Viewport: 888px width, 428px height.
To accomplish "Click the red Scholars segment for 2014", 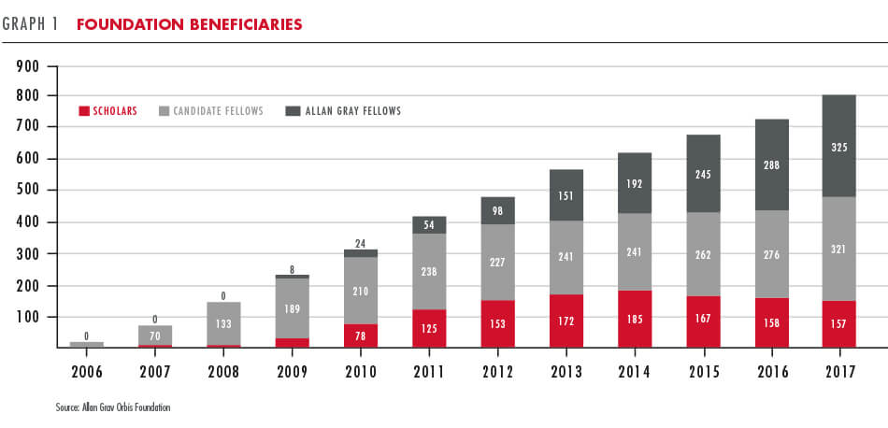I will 636,319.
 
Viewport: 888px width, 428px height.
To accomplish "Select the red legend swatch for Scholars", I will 84,111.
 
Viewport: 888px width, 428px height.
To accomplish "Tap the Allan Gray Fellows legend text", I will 353,111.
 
